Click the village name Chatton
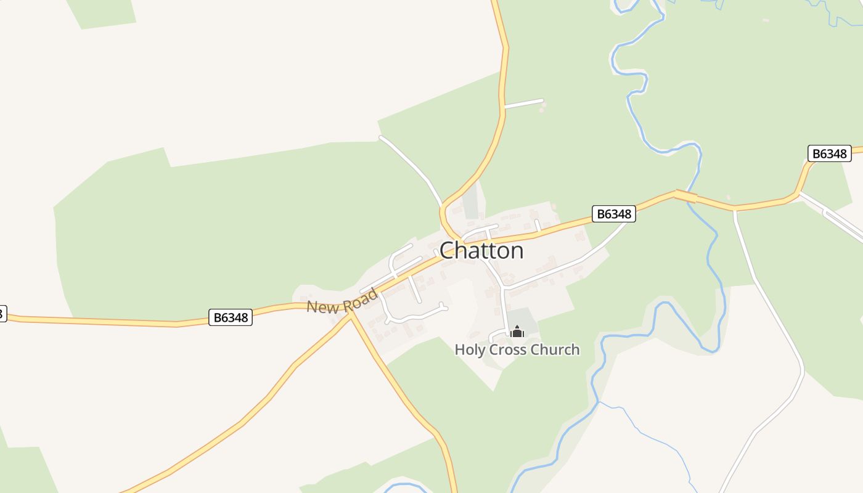click(x=481, y=250)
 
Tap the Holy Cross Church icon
click(x=517, y=332)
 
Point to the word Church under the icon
click(x=555, y=349)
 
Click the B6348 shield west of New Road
click(x=231, y=317)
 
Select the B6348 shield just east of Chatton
click(x=613, y=214)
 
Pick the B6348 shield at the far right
click(x=829, y=153)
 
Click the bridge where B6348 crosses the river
click(x=686, y=197)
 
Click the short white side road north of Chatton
click(x=524, y=103)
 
